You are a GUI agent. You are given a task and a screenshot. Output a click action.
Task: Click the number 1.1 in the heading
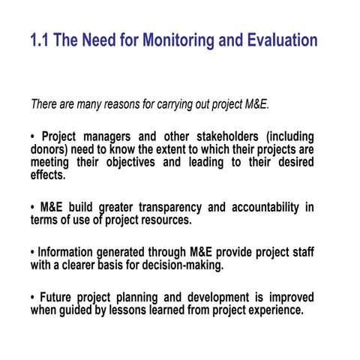click(40, 40)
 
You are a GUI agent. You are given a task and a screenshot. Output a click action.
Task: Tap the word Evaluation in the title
click(279, 40)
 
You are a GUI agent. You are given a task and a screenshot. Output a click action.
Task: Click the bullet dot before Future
click(33, 298)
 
